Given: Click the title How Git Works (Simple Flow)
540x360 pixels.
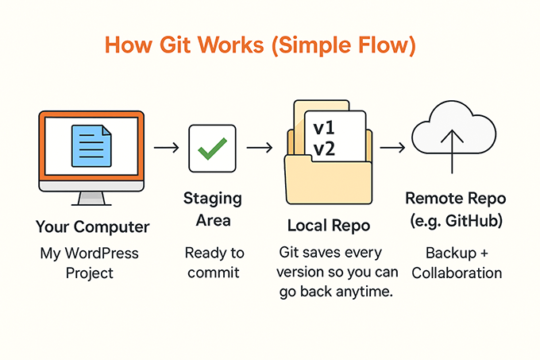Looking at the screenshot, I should coord(271,45).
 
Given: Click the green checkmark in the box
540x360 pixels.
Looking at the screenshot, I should coord(212,148).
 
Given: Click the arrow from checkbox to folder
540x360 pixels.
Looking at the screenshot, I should coord(260,148).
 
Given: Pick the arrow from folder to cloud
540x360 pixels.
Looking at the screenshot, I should coord(391,148).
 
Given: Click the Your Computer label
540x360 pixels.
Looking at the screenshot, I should coord(91,227).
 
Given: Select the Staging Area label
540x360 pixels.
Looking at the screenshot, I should coord(212,208).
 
